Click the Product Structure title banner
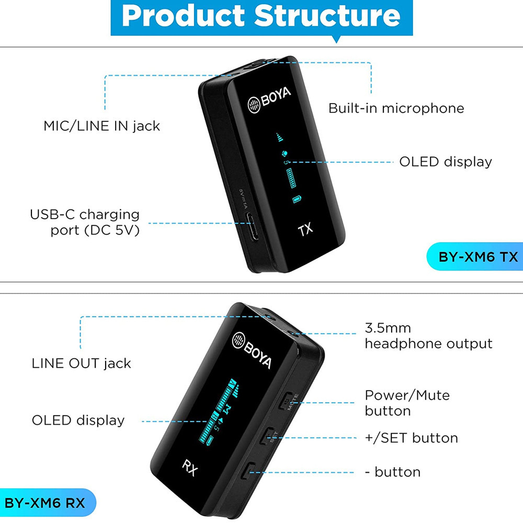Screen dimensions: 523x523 point(261,17)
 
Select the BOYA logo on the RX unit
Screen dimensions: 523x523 point(252,349)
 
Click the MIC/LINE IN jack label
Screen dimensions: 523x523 point(101,126)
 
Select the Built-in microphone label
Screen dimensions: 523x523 point(396,108)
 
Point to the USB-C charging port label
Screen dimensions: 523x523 point(85,222)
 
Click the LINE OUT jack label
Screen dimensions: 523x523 point(81,363)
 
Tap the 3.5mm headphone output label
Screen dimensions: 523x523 point(428,336)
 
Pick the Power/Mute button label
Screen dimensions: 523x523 point(407,403)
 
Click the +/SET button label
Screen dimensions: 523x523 point(411,438)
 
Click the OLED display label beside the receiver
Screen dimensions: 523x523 point(78,420)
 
